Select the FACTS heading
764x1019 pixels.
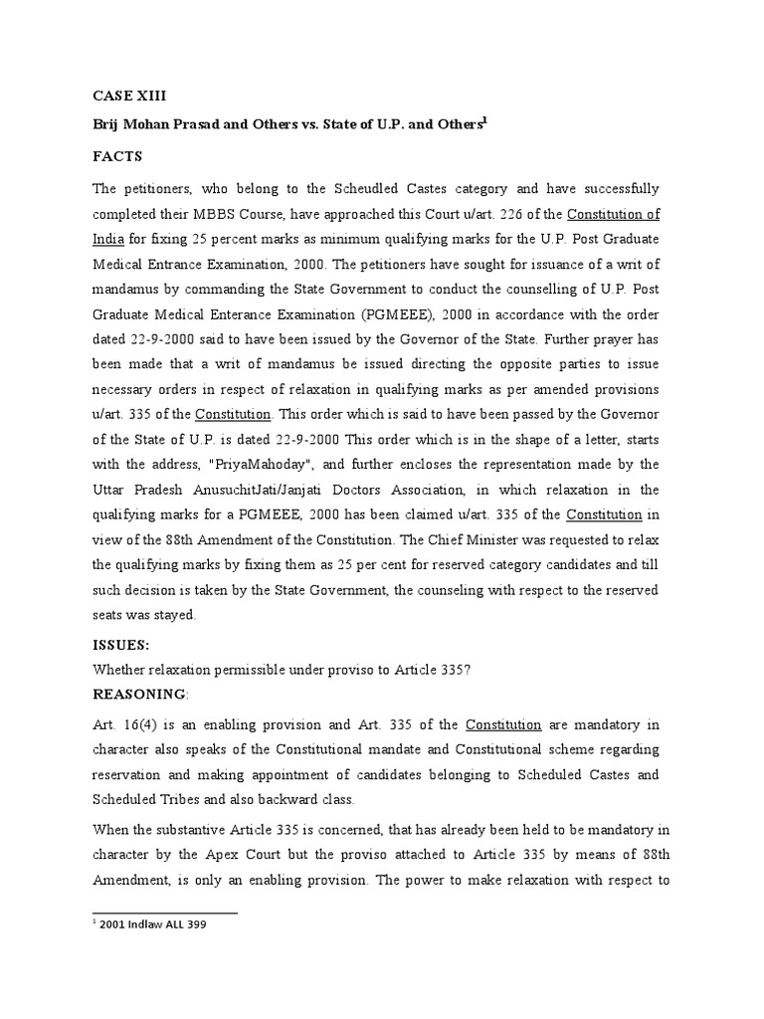pos(118,156)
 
